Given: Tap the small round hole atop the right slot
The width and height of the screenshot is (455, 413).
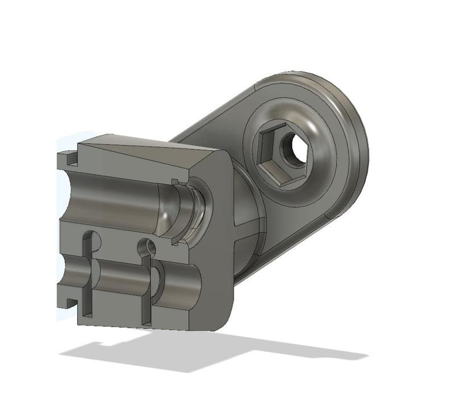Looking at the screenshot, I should (148, 246).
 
